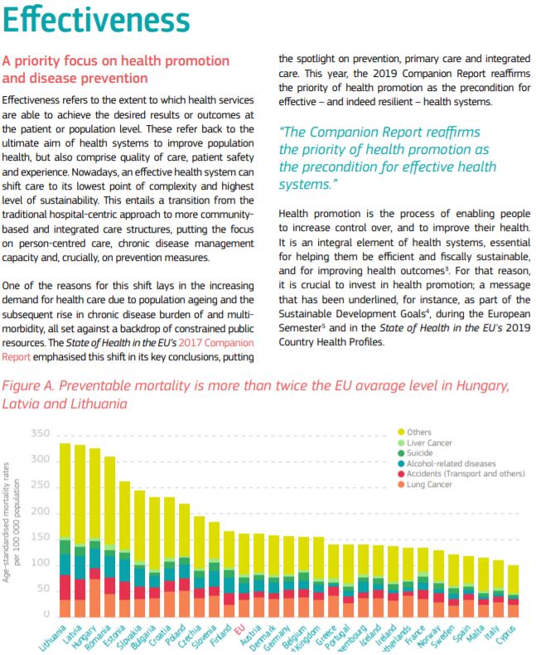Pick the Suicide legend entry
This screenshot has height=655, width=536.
tap(421, 454)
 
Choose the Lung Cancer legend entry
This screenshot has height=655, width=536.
tap(429, 485)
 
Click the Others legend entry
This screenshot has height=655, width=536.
tap(421, 432)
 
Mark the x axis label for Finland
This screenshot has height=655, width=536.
tap(220, 633)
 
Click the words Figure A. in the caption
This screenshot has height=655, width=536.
tap(32, 386)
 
